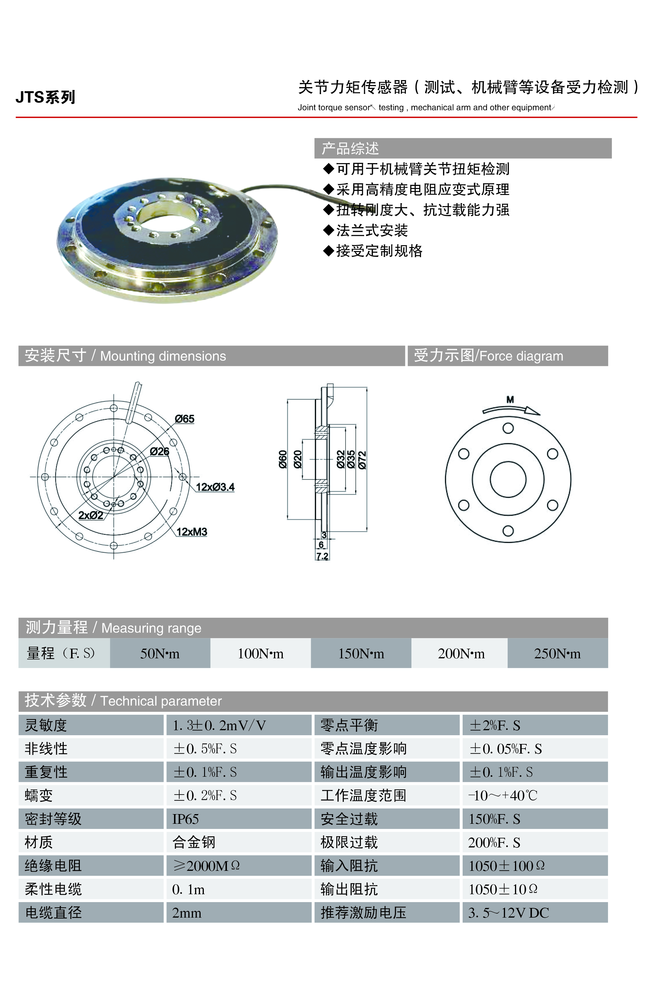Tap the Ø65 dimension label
pos(185,419)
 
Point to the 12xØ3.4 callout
pos(215,487)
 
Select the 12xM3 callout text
pos(192,532)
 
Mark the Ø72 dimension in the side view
pos(362,460)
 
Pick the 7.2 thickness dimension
pos(322,556)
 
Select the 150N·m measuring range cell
pos(361,653)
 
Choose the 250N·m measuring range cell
pos(558,653)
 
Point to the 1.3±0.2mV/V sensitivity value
pos(219,725)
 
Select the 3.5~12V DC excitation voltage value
pos(509,913)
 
